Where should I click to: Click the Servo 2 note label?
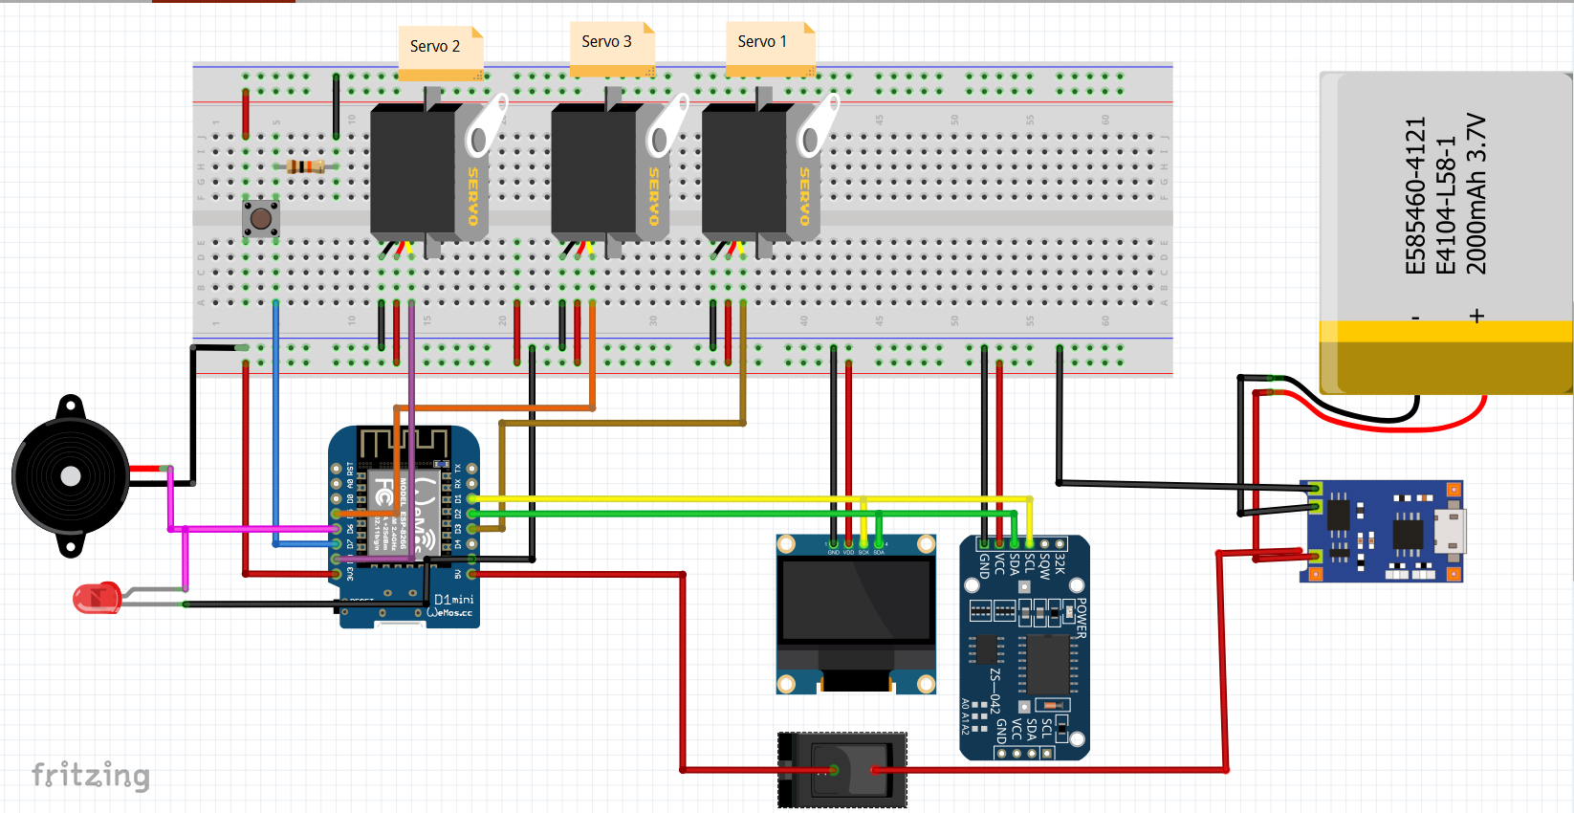pyautogui.click(x=435, y=46)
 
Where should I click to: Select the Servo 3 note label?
pyautogui.click(x=606, y=42)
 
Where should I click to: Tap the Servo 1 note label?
pyautogui.click(x=762, y=42)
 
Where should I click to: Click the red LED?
pyautogui.click(x=97, y=598)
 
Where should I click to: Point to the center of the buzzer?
pyautogui.click(x=71, y=475)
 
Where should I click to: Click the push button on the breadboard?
pyautogui.click(x=260, y=219)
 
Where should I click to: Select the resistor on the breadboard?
pyautogui.click(x=305, y=167)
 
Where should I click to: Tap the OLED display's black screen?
pyautogui.click(x=856, y=601)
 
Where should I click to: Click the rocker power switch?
pyautogui.click(x=842, y=770)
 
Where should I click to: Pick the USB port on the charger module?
pyautogui.click(x=1450, y=530)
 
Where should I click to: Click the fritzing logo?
pyautogui.click(x=91, y=775)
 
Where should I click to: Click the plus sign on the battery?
pyautogui.click(x=1476, y=316)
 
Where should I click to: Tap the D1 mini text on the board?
pyautogui.click(x=453, y=600)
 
